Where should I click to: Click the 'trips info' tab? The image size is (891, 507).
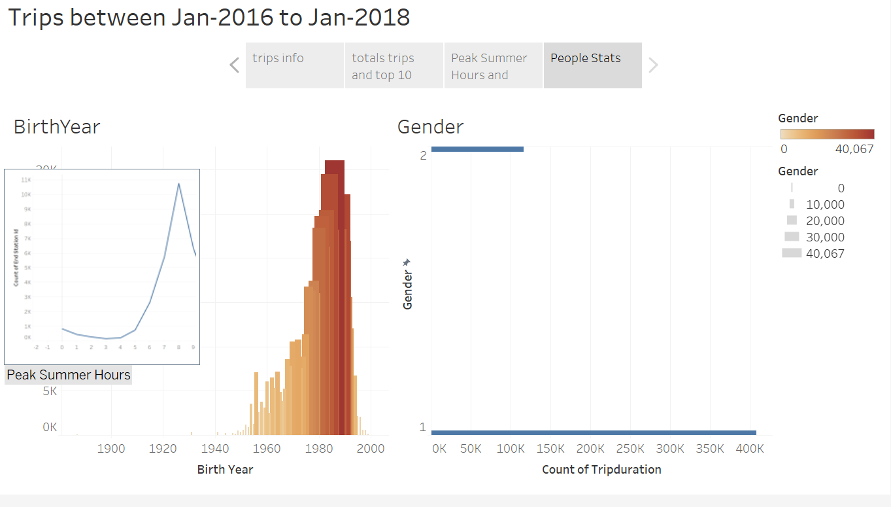[x=294, y=65]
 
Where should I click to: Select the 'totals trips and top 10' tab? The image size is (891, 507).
[x=394, y=65]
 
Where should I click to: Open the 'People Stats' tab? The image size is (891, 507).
[x=592, y=65]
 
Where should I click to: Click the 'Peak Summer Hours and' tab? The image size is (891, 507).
[x=493, y=65]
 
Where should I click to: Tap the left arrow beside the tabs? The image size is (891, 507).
[x=235, y=65]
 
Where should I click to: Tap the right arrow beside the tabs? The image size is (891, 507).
[x=653, y=65]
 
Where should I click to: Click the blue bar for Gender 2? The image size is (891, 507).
[x=477, y=149]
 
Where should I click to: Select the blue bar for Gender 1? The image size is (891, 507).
[x=594, y=432]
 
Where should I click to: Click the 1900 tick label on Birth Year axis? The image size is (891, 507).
[x=111, y=449]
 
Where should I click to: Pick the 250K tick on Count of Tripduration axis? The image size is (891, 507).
[x=630, y=449]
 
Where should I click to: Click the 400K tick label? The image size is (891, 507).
[x=750, y=449]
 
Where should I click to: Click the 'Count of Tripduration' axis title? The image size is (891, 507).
[x=601, y=470]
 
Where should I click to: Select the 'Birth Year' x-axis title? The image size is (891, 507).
[x=225, y=470]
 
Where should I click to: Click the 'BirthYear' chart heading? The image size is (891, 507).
[x=57, y=127]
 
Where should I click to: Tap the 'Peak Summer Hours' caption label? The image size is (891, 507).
[x=69, y=375]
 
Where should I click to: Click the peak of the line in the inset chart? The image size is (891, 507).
[x=178, y=183]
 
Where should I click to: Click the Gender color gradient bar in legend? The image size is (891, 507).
[x=827, y=134]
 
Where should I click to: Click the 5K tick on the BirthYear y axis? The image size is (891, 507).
[x=50, y=391]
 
